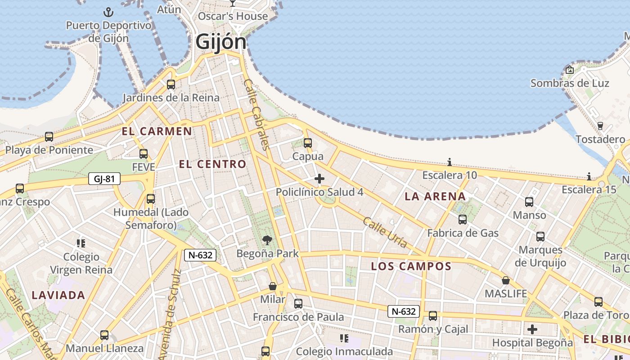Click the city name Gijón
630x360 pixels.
[221, 42]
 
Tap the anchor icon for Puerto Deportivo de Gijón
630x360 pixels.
[108, 12]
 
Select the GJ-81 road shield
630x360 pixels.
[104, 179]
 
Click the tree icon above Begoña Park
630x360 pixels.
[267, 240]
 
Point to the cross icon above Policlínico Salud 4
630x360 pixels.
[319, 179]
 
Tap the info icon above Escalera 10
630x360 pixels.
[449, 162]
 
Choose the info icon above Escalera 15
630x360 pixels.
[589, 176]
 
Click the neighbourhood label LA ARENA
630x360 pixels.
[435, 196]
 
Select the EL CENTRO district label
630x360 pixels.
[212, 164]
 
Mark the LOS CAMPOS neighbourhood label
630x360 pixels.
[411, 266]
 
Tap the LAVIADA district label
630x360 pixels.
[58, 295]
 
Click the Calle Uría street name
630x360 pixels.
[385, 232]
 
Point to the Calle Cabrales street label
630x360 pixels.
[257, 114]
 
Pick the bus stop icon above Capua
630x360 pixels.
[308, 143]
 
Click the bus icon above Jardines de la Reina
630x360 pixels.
[171, 84]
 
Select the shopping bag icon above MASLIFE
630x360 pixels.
[505, 280]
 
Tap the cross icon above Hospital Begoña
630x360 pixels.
[532, 329]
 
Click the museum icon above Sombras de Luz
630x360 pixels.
[570, 70]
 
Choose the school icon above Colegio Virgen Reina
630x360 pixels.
[81, 243]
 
